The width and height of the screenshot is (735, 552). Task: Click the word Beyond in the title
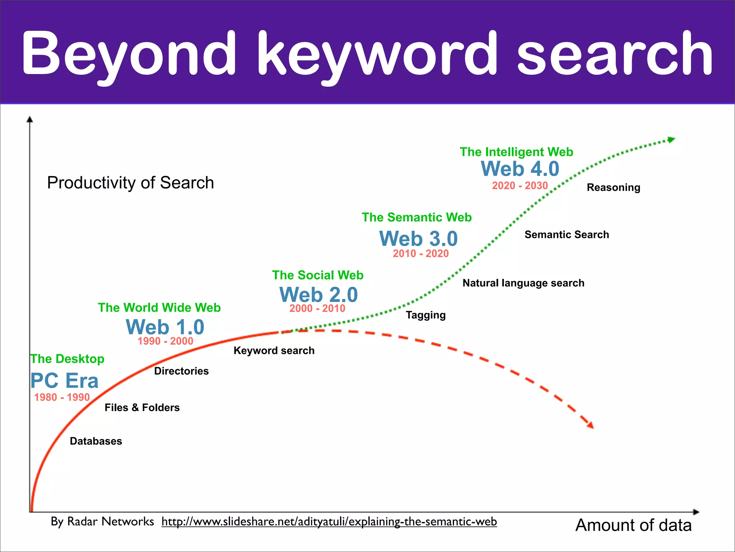pos(129,54)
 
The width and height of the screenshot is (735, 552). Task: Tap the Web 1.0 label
pos(165,327)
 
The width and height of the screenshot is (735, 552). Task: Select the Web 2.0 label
pos(319,295)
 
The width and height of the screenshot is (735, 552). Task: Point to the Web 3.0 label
pos(418,239)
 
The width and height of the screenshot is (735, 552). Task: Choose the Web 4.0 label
pos(520,169)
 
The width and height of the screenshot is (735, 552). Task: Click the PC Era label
pos(65,381)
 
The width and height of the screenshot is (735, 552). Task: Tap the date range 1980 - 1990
pos(62,397)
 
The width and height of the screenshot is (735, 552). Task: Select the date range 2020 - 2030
pos(520,185)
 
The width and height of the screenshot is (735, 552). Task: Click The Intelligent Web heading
pos(516,152)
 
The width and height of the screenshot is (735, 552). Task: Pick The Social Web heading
pos(318,275)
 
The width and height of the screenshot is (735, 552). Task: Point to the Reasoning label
pos(613,188)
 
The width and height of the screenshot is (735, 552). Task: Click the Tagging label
pos(426,315)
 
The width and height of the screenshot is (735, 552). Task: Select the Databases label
pos(96,441)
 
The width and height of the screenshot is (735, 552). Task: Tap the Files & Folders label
pos(142,408)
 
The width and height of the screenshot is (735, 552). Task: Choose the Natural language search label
pos(523,283)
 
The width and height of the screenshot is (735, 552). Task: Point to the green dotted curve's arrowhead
pos(670,140)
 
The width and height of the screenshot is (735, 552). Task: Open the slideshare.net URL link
pos(329,521)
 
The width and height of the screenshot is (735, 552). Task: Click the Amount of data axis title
pos(633,525)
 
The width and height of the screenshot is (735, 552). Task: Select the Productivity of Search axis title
pos(131,183)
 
